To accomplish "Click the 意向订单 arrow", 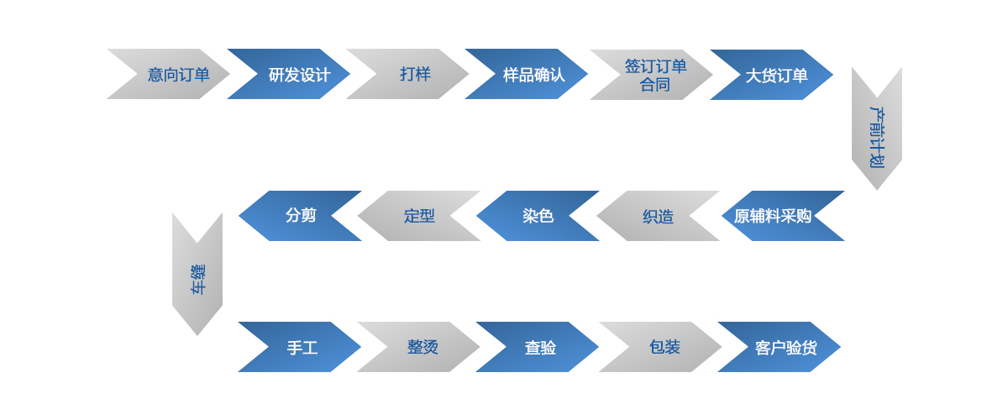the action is pos(176,74).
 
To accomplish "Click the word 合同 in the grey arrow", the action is pos(655,85).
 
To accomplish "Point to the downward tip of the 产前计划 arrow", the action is pos(877,190).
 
